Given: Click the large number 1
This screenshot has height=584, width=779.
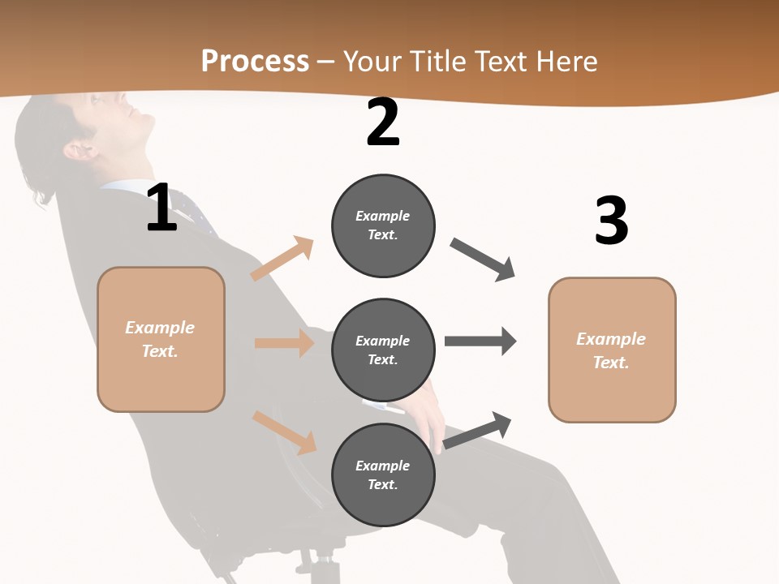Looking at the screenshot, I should tap(161, 208).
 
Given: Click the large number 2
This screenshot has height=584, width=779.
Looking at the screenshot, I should tap(383, 123).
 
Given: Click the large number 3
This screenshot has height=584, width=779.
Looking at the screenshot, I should tap(611, 221).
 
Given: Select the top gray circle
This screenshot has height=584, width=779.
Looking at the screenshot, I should tap(383, 225).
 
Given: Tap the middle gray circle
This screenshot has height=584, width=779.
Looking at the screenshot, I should tap(383, 350).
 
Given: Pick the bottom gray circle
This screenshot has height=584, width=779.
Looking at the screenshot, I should tap(383, 474).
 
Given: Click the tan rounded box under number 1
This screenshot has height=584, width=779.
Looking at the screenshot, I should tap(161, 339).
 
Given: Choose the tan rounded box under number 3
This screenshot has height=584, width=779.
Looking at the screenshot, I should tap(612, 350).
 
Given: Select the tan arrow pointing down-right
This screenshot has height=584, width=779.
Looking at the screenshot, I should tap(285, 432).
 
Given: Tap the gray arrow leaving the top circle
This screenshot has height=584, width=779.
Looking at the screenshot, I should tap(483, 260).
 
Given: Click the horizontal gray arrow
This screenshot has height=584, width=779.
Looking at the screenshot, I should tap(480, 341).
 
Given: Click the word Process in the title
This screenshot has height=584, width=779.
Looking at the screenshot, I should tap(255, 61).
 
